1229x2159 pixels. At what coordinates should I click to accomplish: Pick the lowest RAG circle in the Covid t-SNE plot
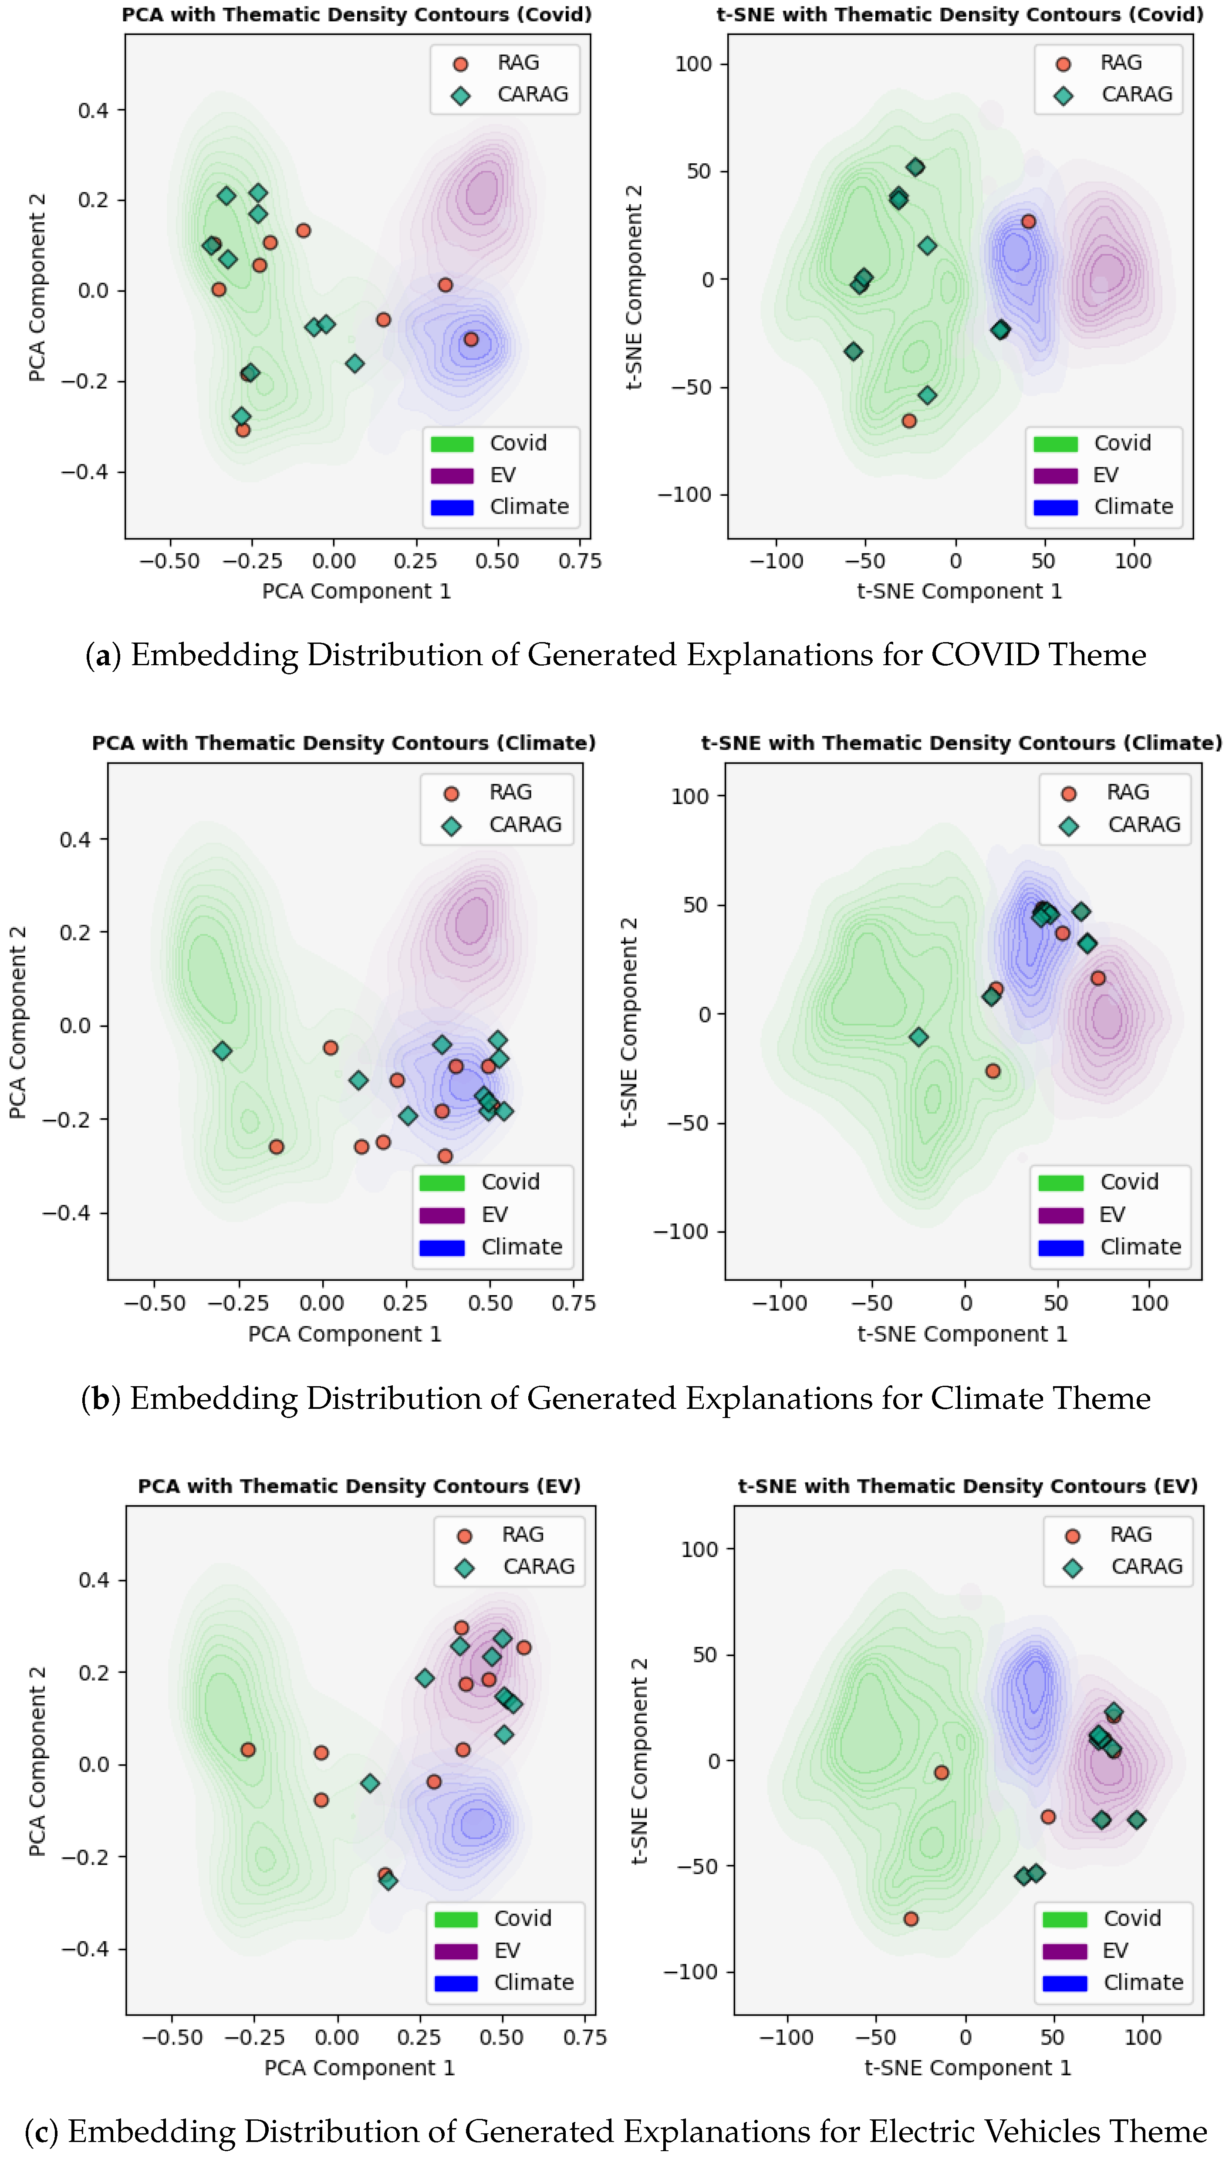tap(908, 420)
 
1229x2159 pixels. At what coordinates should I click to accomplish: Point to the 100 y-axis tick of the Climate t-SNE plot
tap(689, 796)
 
